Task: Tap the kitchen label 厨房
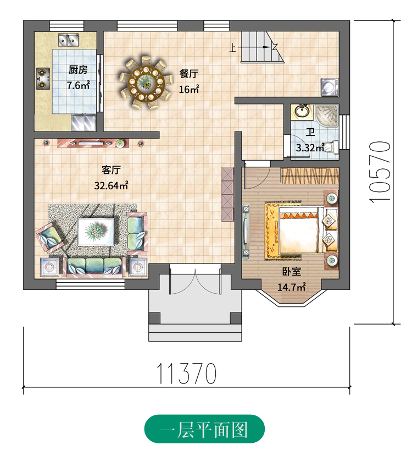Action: point(78,70)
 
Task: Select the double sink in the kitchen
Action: point(69,40)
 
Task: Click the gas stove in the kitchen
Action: point(43,79)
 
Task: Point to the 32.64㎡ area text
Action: point(111,185)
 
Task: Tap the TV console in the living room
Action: point(93,143)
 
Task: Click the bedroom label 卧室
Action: point(292,271)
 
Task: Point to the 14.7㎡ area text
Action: point(292,287)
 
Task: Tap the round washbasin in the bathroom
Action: point(302,111)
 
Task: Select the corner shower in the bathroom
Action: point(327,115)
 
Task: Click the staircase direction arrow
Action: point(254,47)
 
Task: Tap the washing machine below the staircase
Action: point(330,87)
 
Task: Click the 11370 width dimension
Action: point(187,374)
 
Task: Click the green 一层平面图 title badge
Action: point(204,429)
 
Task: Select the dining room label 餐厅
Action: point(189,74)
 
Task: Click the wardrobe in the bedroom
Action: point(309,176)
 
